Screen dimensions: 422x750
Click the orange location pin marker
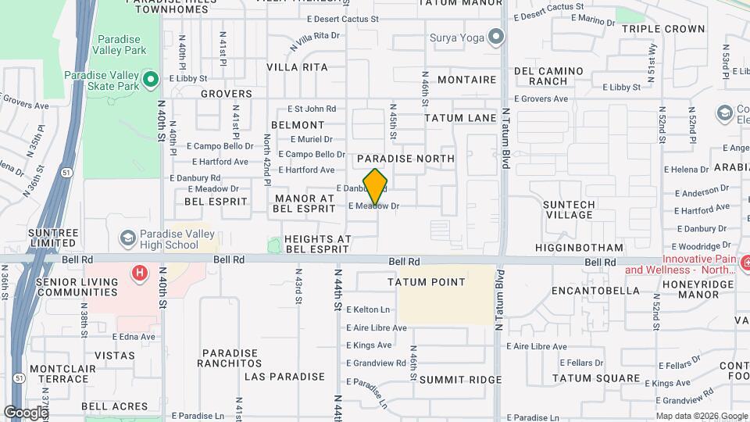click(x=376, y=188)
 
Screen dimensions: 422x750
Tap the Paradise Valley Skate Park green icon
click(x=152, y=79)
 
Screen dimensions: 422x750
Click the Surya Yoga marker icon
click(x=495, y=37)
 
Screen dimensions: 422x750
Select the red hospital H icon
click(x=140, y=273)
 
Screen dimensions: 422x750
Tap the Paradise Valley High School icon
click(x=127, y=238)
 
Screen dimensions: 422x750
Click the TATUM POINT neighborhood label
click(x=427, y=282)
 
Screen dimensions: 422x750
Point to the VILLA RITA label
click(x=297, y=67)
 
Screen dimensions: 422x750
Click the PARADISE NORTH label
click(x=405, y=159)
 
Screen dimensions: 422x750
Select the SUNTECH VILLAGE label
click(x=569, y=209)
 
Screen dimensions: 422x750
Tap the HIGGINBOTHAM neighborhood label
click(x=579, y=248)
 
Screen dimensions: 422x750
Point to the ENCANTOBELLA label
click(x=595, y=291)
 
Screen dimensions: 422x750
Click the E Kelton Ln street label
click(x=367, y=309)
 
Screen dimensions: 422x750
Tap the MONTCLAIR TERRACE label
click(x=59, y=374)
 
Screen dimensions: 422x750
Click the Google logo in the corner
click(x=25, y=412)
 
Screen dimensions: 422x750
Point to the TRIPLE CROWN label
click(x=663, y=29)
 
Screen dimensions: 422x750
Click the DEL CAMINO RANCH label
click(x=548, y=76)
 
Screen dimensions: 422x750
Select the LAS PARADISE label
click(x=284, y=377)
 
